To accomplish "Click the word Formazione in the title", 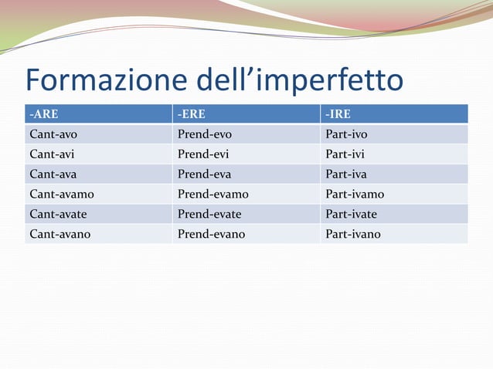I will [104, 80].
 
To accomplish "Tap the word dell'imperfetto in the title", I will [296, 81].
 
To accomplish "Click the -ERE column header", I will [192, 114].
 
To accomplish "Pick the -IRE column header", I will [338, 114].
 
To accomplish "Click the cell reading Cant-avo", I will [53, 134].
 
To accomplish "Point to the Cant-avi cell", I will [52, 154].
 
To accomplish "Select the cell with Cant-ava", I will [53, 174].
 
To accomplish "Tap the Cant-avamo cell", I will [61, 194].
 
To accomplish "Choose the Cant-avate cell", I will [59, 214].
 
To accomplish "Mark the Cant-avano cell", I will [59, 233].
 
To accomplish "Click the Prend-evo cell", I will [205, 134].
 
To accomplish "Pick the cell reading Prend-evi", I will [203, 154].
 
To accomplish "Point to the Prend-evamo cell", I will [213, 194].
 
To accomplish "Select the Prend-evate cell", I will [209, 214].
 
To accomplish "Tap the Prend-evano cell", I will [212, 233].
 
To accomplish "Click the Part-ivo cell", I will [347, 134].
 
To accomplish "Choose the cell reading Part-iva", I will [346, 174].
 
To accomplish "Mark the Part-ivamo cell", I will [355, 194].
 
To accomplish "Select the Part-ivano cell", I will [353, 233].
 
